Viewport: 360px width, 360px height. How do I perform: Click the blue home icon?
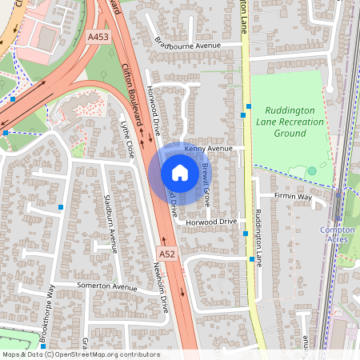point(180,172)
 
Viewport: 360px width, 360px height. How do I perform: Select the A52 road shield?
point(166,254)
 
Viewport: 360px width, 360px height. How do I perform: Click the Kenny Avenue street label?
point(208,149)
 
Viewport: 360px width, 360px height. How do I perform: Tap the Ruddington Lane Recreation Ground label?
point(290,122)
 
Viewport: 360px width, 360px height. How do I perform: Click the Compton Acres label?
point(337,234)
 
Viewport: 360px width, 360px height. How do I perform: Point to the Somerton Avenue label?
point(107,286)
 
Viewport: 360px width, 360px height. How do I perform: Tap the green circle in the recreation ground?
point(312,170)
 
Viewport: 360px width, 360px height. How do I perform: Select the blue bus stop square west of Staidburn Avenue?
point(61,206)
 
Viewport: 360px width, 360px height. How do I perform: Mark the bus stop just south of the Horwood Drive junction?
point(245,234)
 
